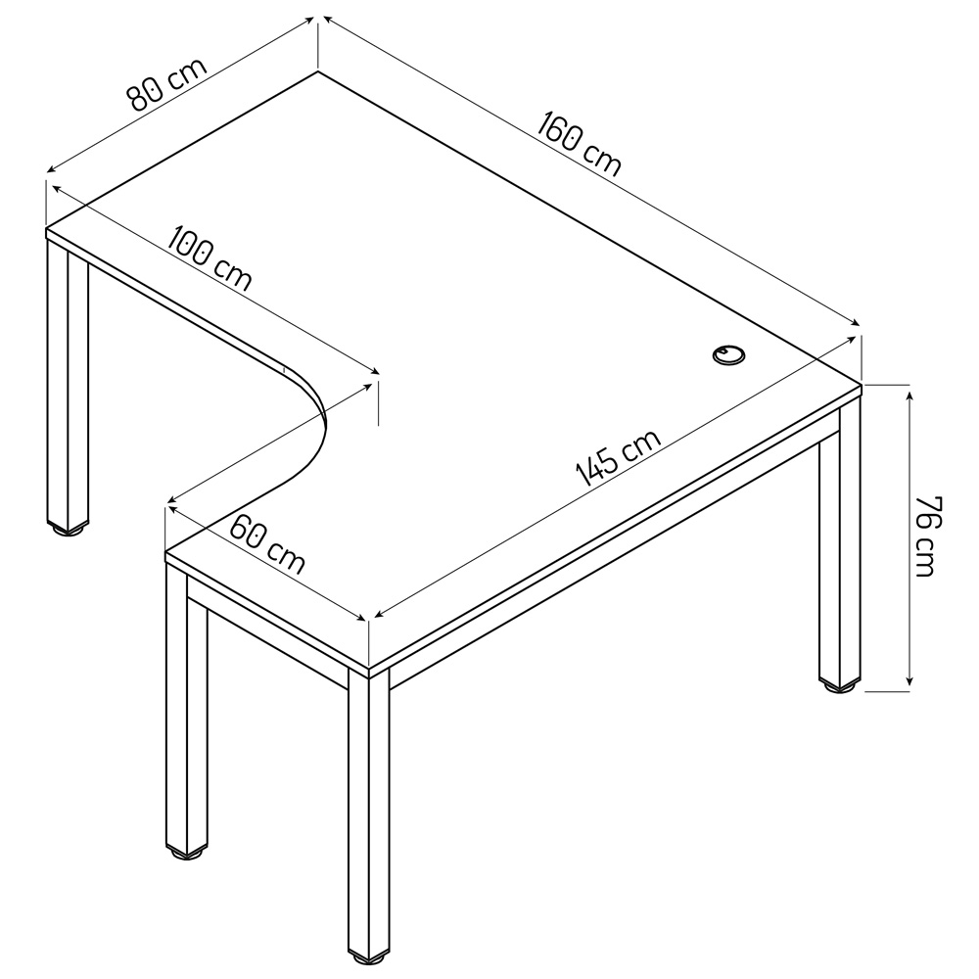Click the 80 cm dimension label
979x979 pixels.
[166, 84]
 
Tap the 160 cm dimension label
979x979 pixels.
[580, 144]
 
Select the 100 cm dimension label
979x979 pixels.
[210, 258]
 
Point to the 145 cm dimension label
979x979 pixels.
[618, 457]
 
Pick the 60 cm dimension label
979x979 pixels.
[267, 544]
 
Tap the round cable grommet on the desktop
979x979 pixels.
[728, 354]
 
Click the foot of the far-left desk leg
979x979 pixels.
[69, 530]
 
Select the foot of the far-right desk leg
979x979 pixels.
[839, 687]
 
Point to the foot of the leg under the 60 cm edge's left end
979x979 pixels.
[186, 852]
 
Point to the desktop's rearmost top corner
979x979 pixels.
[318, 71]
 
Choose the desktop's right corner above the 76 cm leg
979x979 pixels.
[862, 385]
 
